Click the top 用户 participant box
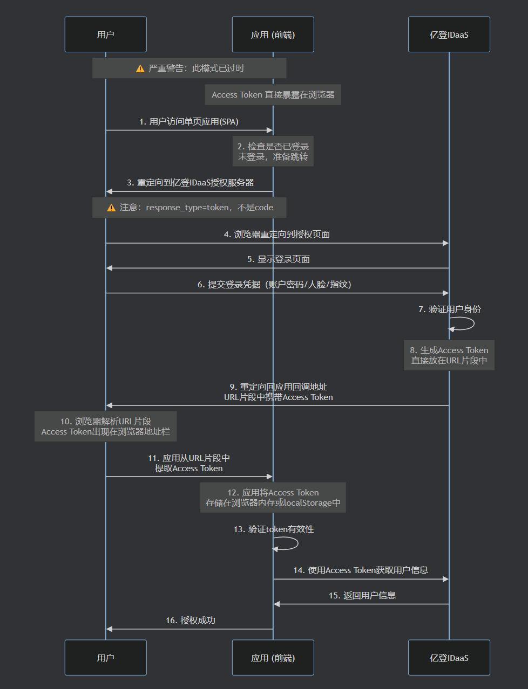tap(105, 35)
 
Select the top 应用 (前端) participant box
tap(273, 35)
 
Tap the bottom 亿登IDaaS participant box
tap(449, 658)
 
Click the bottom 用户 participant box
tap(105, 658)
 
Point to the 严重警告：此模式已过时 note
tap(189, 68)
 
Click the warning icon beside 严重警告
tap(140, 68)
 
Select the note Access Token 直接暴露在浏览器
tap(273, 95)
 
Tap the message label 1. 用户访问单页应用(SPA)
tap(189, 122)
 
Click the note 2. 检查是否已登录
tap(273, 151)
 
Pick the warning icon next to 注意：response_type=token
tap(111, 208)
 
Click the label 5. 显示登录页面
tap(279, 259)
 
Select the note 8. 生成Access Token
tap(449, 355)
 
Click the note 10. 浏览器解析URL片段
tap(105, 426)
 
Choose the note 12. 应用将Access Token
tap(273, 498)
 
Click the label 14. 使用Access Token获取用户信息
tap(361, 570)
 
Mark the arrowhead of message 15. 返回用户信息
tap(276, 604)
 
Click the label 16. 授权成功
tap(191, 621)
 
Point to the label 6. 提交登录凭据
tap(274, 285)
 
